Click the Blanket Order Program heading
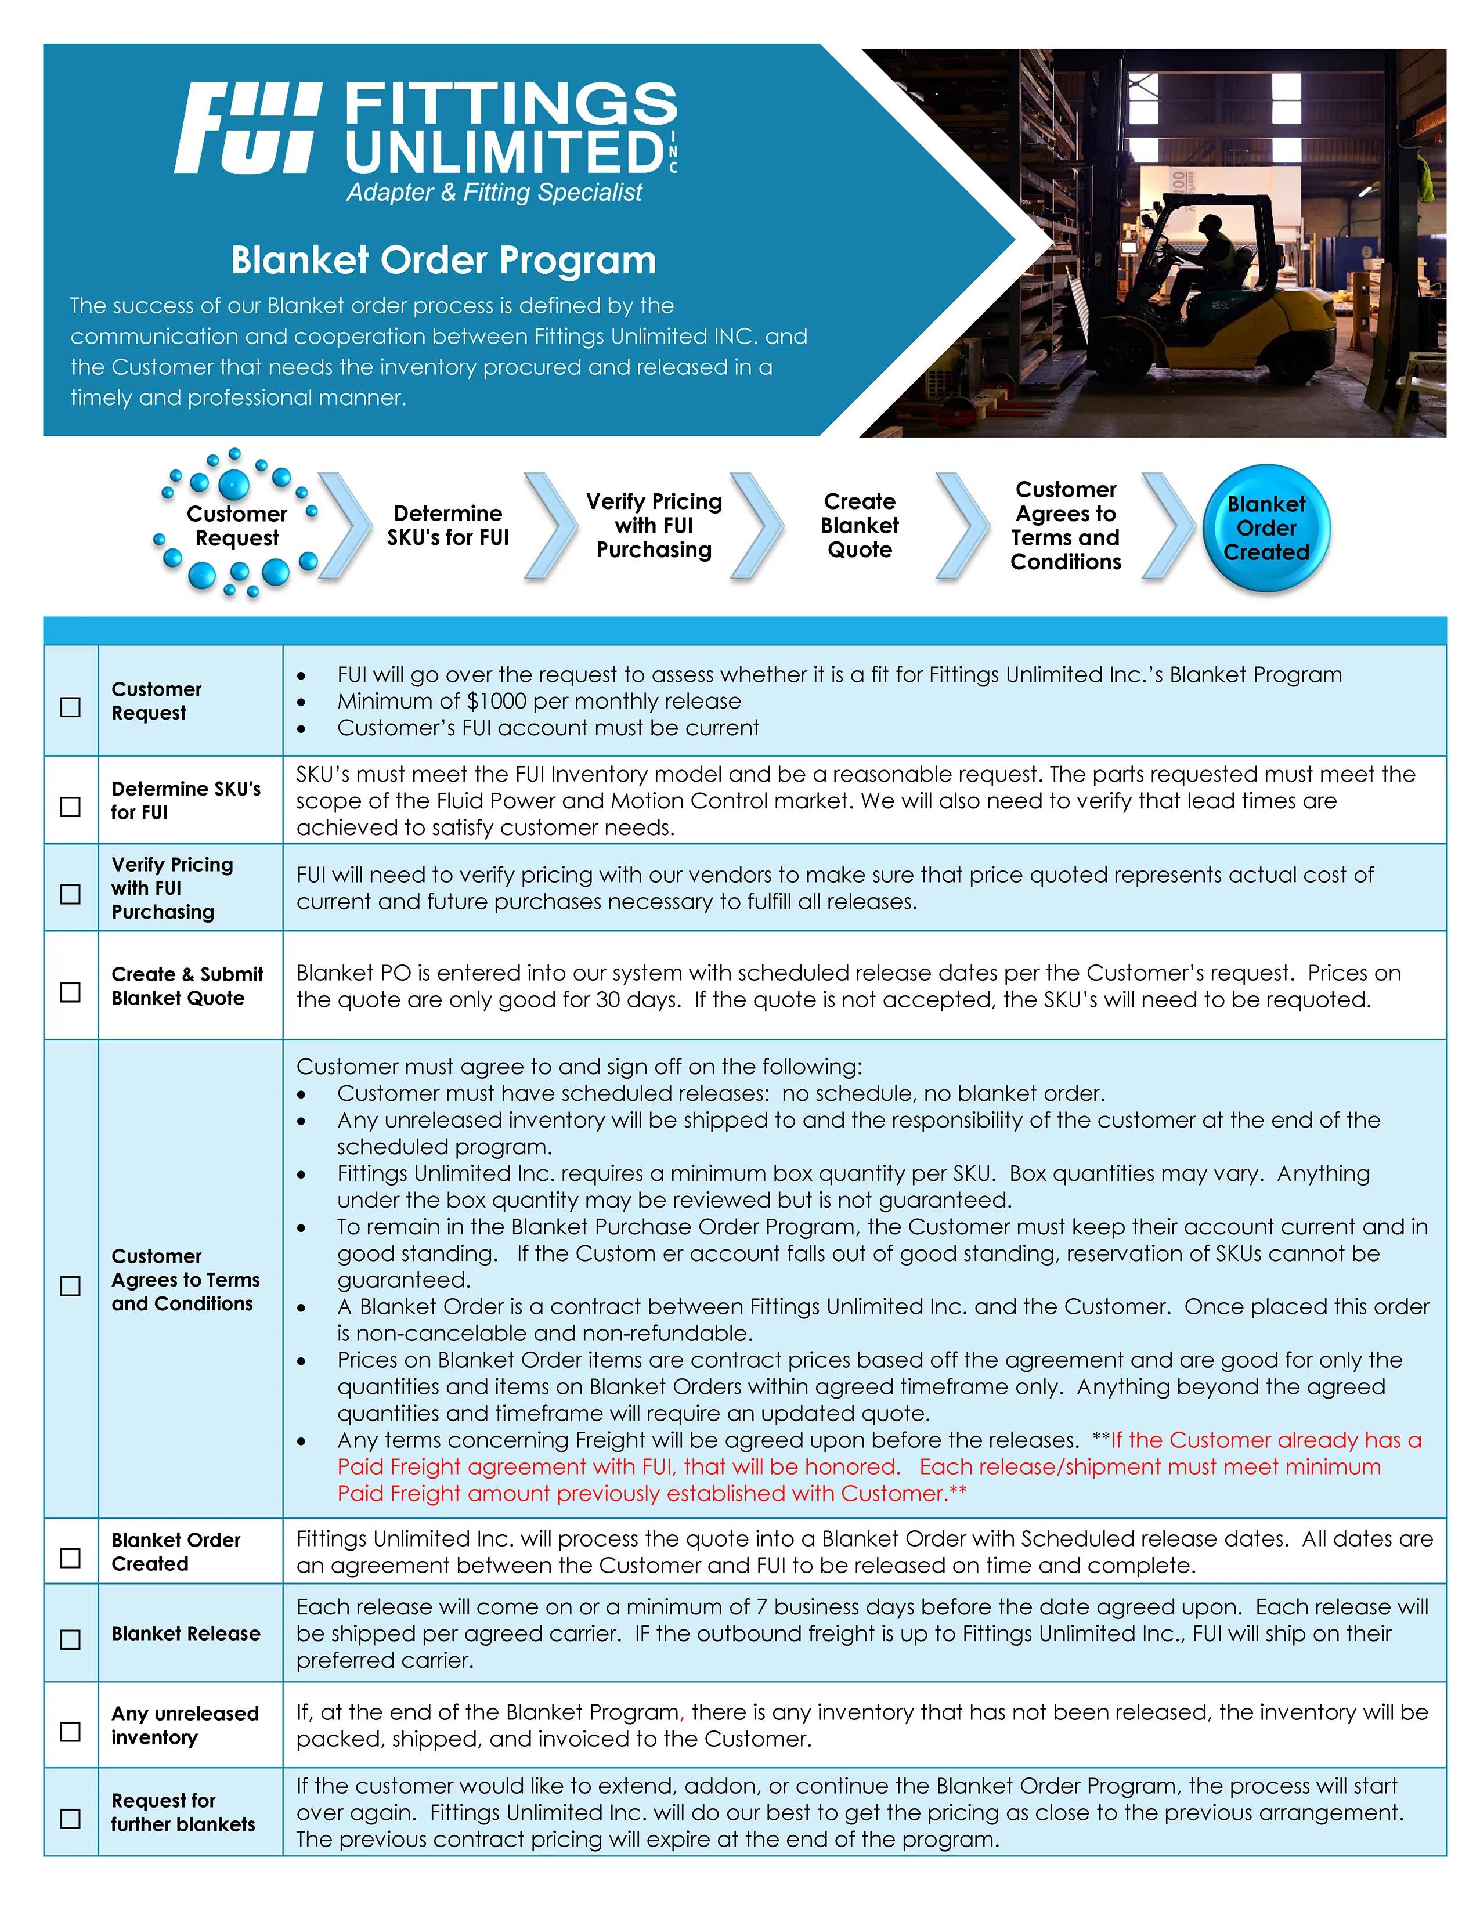pos(443,261)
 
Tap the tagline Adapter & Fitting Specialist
pos(494,192)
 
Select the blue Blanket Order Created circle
pos(1266,528)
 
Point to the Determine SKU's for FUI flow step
pos(448,525)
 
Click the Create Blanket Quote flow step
pos(859,525)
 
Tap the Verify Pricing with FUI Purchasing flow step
pos(654,525)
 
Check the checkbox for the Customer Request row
pos(70,707)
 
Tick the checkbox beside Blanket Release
pos(70,1639)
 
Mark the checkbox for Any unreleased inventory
pos(70,1731)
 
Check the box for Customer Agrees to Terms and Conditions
pos(70,1285)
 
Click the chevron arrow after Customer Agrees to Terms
pos(1169,525)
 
